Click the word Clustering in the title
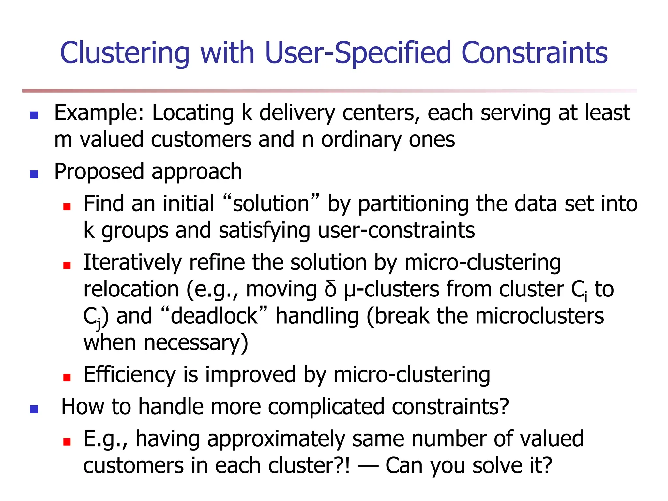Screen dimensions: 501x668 125,53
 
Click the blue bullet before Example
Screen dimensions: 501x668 34,115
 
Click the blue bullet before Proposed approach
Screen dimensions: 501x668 34,174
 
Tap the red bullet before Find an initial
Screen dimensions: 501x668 67,207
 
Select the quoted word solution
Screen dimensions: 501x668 271,204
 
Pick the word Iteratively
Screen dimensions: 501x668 132,263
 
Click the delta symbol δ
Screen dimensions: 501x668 330,289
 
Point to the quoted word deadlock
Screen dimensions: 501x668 214,316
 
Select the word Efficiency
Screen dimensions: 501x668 130,375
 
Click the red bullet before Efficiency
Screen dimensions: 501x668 67,378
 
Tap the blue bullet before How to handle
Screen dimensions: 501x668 34,409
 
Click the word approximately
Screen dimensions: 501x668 276,439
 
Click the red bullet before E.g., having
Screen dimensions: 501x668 67,442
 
